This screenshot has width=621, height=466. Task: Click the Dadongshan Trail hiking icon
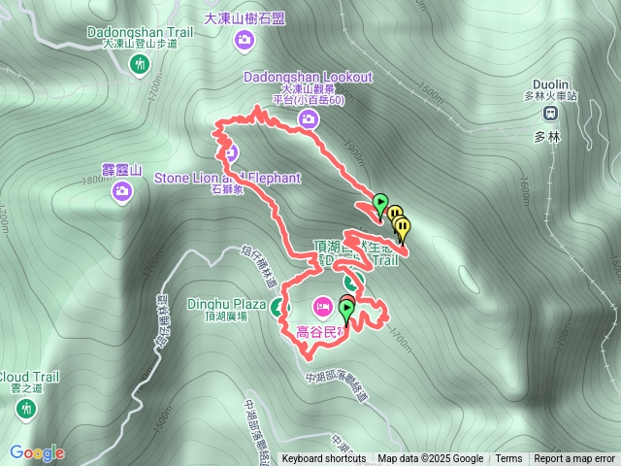(x=141, y=65)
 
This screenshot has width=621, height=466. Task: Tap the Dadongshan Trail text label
(x=141, y=32)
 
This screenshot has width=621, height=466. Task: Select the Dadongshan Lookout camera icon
(x=308, y=119)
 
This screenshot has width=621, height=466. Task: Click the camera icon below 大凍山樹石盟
(x=245, y=40)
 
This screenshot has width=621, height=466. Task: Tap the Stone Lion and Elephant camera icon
(x=230, y=151)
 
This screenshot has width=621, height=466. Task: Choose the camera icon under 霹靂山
(x=122, y=190)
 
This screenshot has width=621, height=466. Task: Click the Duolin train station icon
(x=550, y=112)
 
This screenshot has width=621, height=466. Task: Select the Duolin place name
(x=550, y=83)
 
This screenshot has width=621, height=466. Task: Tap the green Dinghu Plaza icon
(x=280, y=310)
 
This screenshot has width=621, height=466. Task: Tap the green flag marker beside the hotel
(x=346, y=309)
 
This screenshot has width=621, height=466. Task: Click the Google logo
(x=37, y=452)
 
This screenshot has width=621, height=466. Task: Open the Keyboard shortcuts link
(x=324, y=459)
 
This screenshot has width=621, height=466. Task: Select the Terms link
(x=508, y=459)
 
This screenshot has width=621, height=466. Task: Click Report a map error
(x=574, y=459)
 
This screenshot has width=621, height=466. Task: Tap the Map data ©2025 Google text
(x=430, y=459)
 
